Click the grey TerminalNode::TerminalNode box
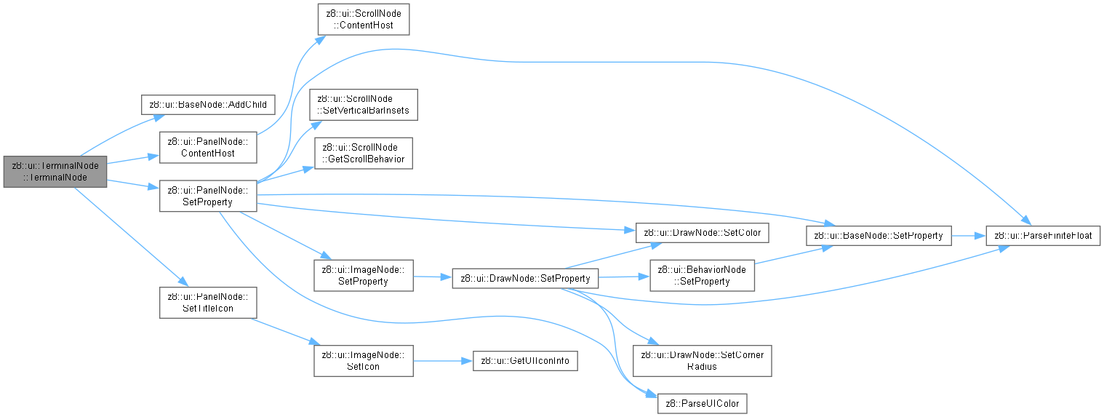(x=55, y=172)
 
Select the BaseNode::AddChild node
(x=208, y=105)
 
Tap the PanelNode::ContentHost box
(x=208, y=148)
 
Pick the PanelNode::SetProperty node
(x=208, y=196)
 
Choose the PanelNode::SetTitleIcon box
(x=208, y=303)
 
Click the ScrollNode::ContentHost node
(x=363, y=19)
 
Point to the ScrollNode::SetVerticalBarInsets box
(x=364, y=105)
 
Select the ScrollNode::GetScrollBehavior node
(x=364, y=154)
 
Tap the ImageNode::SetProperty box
(x=364, y=276)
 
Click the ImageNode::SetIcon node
(x=364, y=361)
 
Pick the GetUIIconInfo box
(x=525, y=361)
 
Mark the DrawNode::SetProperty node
(x=525, y=279)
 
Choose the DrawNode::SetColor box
(x=703, y=233)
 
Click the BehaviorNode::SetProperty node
(x=703, y=276)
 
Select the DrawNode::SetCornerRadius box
(x=703, y=361)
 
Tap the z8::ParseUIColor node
(x=703, y=404)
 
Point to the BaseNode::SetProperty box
(x=879, y=236)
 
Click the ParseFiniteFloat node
(x=1043, y=236)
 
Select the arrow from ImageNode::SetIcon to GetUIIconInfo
(x=443, y=361)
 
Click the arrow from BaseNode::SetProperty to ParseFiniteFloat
(x=969, y=236)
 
